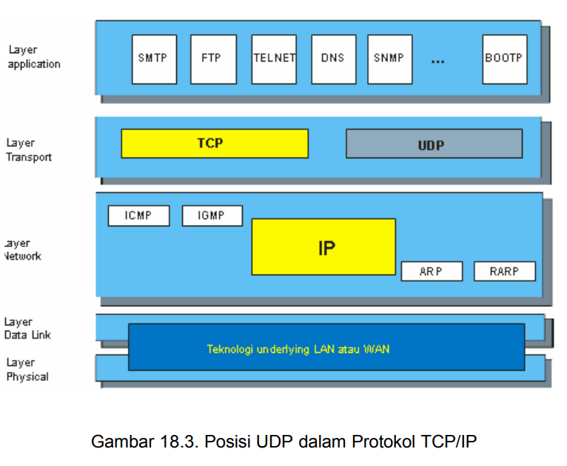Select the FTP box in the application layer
212,58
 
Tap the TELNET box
274,58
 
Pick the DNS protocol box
333,58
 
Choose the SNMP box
389,58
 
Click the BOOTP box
505,58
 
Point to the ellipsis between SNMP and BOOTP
437,61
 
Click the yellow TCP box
214,143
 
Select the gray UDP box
434,144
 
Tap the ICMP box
138,216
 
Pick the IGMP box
212,216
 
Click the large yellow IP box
323,247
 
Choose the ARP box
432,271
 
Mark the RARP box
504,271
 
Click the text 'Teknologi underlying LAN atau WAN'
298,348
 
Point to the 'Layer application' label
34,57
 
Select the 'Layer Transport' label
30,150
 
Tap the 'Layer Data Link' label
27,328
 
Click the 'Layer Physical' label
27,370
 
